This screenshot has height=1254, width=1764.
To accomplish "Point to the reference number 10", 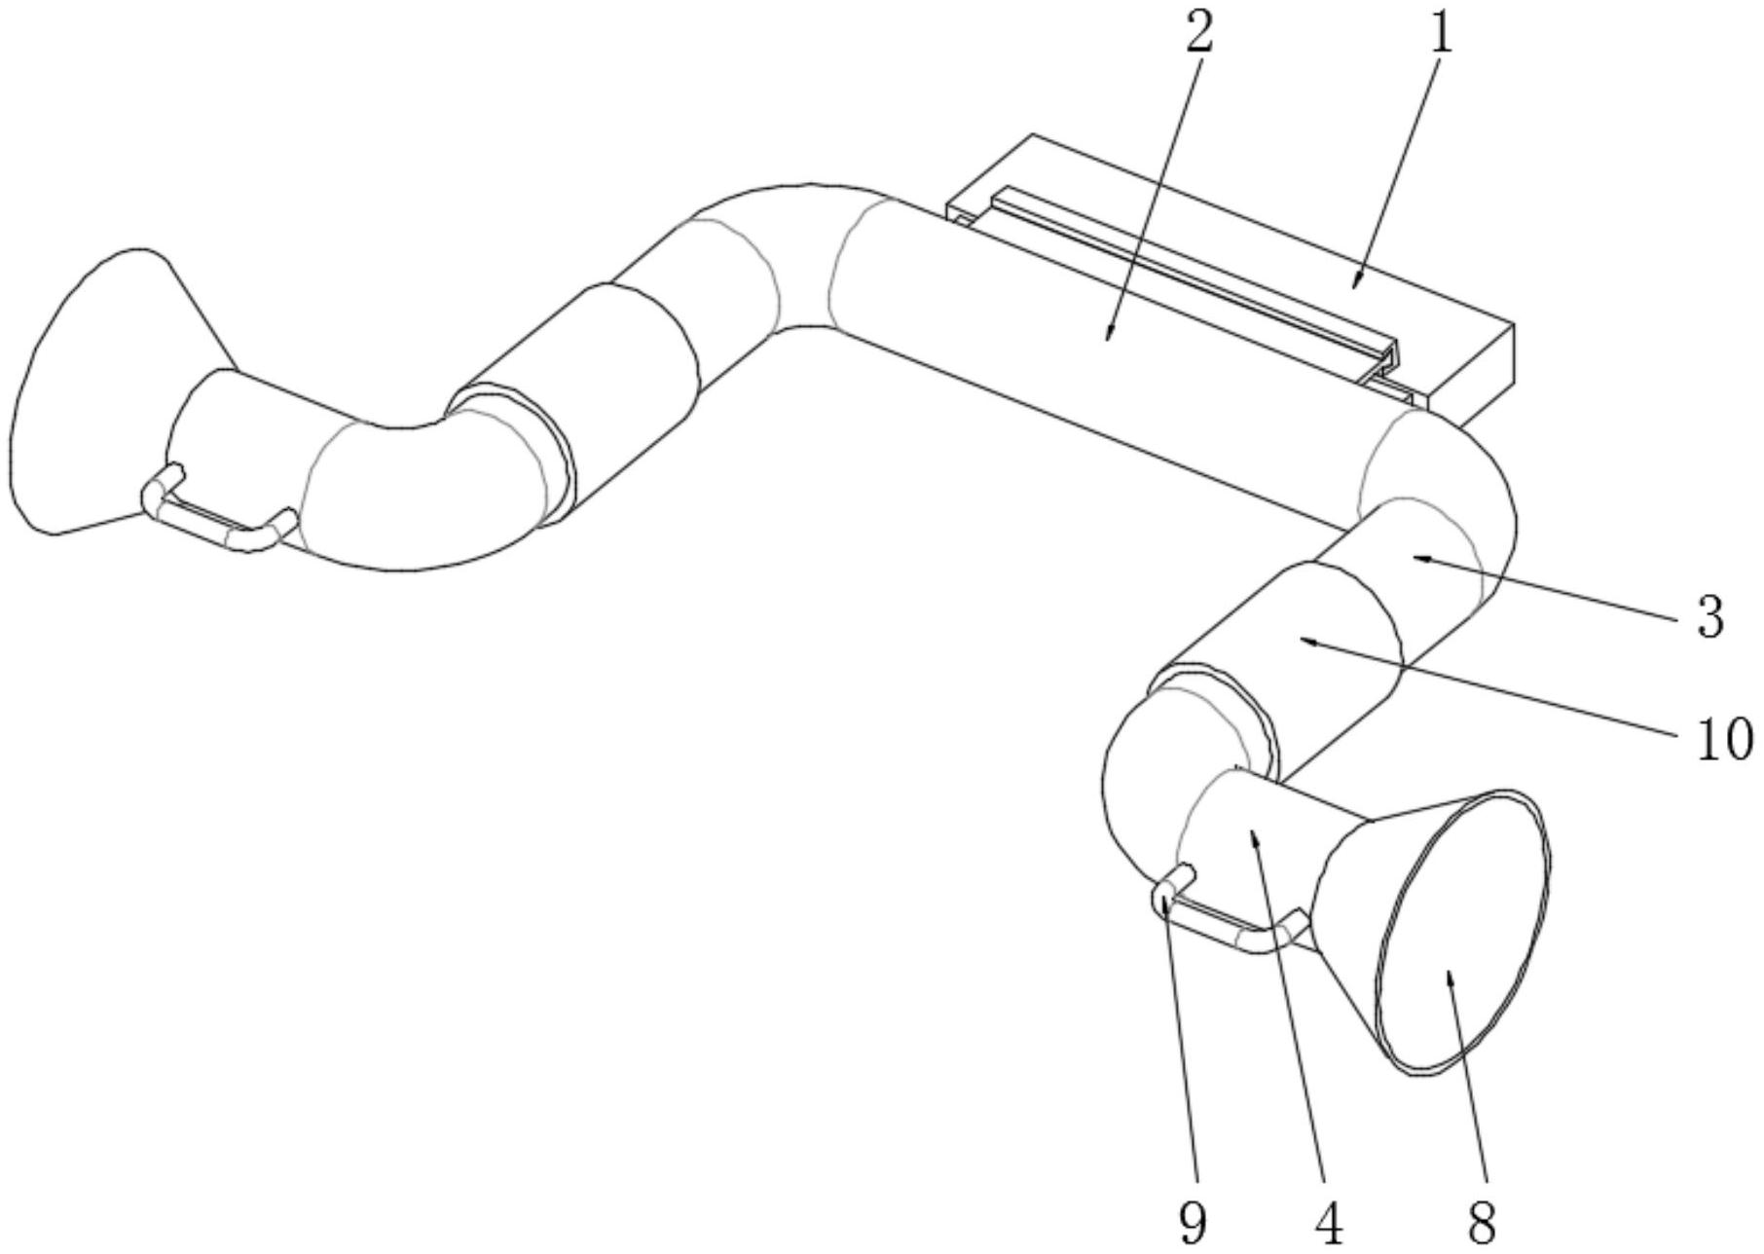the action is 1723,739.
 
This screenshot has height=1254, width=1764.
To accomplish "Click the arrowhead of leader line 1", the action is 1354,287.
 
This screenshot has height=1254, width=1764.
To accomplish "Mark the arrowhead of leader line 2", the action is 1109,340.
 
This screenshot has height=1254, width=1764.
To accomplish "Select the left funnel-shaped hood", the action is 107,389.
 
